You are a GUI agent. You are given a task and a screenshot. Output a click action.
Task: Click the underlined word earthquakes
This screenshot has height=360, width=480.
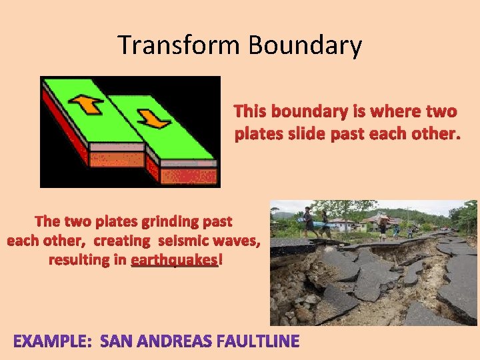[x=174, y=259]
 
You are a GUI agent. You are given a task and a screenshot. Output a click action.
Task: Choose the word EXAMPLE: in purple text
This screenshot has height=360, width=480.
[x=53, y=342]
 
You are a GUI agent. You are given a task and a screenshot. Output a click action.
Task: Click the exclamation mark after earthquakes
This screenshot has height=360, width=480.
[x=221, y=259]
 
